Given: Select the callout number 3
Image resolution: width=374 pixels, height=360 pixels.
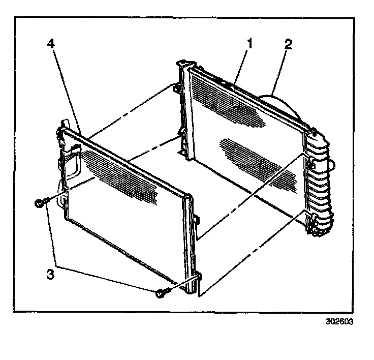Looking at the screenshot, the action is [50, 273].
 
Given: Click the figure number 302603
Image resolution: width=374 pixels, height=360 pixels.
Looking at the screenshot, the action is [339, 322].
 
